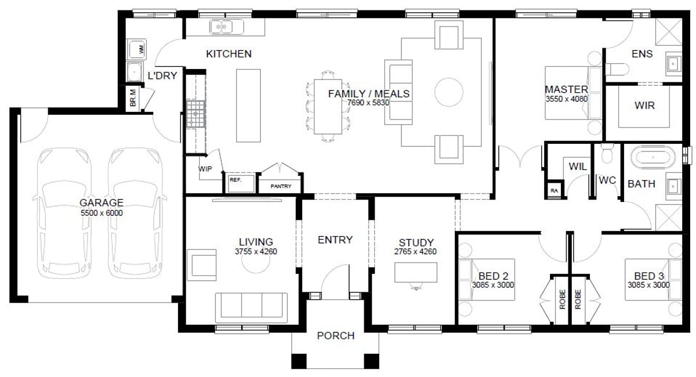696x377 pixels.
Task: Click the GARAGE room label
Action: [x=101, y=202]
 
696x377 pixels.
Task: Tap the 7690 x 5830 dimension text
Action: [x=368, y=103]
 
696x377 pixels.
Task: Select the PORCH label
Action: [x=336, y=336]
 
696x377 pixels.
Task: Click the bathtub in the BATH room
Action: [x=653, y=157]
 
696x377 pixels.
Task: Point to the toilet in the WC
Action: [x=607, y=153]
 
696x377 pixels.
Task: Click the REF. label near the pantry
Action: [x=235, y=180]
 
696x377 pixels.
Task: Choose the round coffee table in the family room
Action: [x=449, y=92]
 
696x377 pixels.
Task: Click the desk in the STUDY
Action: [x=416, y=272]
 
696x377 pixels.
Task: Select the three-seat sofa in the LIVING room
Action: [x=251, y=307]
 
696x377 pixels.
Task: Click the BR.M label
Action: [x=133, y=98]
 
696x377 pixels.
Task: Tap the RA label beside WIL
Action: [x=554, y=191]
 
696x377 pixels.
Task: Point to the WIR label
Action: [x=644, y=106]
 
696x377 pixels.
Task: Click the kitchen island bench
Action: [x=248, y=106]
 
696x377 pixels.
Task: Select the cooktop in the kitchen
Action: [x=195, y=114]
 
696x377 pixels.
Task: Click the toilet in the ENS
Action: [x=617, y=69]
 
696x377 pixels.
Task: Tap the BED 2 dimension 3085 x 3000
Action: [x=493, y=285]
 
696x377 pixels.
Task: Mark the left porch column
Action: [x=299, y=361]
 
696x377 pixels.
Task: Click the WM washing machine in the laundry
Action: [x=137, y=49]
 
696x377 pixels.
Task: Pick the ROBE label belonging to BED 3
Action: [x=578, y=299]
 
